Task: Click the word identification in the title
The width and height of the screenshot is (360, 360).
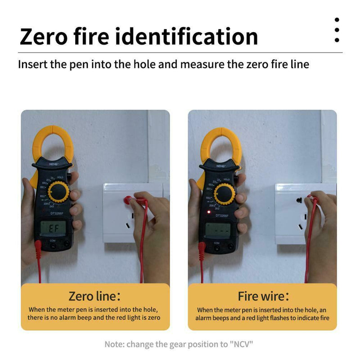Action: point(187,36)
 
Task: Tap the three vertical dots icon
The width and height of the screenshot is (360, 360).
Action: point(337,30)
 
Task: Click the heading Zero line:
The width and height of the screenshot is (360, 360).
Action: point(95,296)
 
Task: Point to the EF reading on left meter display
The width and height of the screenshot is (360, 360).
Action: point(54,229)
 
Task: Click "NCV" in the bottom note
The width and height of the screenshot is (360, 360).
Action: point(243,345)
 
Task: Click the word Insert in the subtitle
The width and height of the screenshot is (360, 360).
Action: point(32,64)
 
